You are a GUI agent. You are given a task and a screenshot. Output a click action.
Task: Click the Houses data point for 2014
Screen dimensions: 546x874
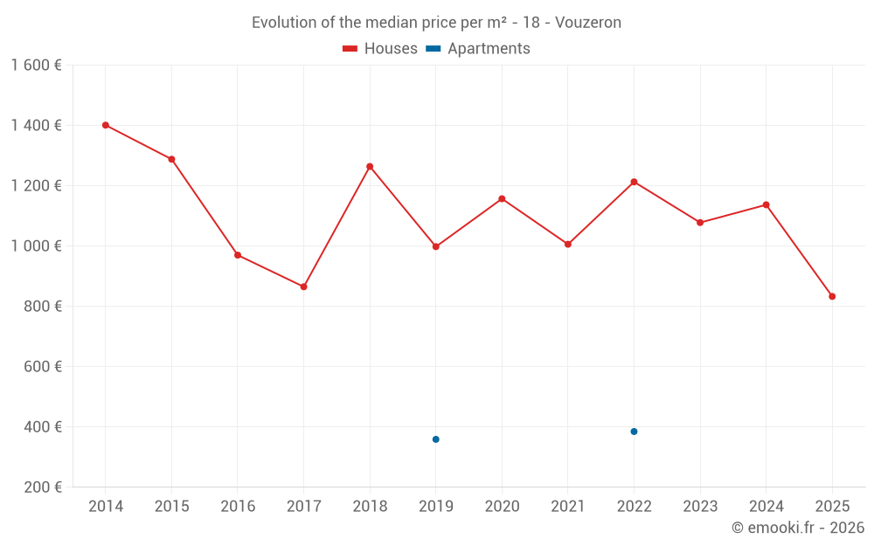click(x=106, y=125)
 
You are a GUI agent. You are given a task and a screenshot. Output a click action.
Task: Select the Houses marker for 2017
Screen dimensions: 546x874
click(x=303, y=287)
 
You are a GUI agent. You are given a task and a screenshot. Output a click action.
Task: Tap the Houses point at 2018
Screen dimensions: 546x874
click(x=370, y=166)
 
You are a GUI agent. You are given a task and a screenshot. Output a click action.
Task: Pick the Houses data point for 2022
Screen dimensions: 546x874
click(x=634, y=182)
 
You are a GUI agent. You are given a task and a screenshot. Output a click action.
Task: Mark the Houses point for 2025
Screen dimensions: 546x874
click(x=832, y=296)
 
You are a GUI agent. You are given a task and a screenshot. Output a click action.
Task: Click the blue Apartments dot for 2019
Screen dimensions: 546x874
click(x=435, y=439)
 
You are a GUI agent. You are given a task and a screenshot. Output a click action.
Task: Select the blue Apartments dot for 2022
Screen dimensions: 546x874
click(x=634, y=432)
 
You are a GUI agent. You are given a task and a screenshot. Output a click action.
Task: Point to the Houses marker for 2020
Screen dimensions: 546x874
click(x=502, y=198)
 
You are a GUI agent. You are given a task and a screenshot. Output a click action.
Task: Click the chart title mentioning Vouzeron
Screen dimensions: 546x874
click(x=436, y=23)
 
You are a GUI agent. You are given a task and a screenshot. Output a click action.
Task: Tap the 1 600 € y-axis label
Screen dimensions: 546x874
click(x=36, y=66)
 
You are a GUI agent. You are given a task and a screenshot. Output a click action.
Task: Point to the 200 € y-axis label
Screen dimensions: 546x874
click(x=42, y=487)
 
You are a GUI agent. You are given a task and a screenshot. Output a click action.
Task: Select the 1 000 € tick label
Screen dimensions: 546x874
click(x=36, y=246)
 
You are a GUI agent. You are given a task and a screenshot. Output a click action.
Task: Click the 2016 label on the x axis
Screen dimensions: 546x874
click(x=238, y=507)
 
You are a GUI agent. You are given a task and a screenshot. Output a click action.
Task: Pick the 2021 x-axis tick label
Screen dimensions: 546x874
click(x=568, y=507)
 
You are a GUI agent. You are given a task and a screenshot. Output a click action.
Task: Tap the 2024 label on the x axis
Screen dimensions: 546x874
click(x=766, y=507)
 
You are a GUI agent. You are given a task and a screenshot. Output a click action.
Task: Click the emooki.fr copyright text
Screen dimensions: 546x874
click(x=797, y=528)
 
